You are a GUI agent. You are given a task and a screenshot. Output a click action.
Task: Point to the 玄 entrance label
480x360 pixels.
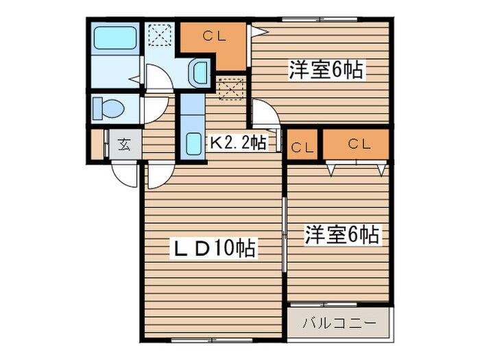tap(125, 145)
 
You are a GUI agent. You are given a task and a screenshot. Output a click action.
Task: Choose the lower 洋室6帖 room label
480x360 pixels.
tap(341, 235)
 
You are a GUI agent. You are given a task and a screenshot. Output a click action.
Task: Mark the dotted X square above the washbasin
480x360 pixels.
tap(160, 35)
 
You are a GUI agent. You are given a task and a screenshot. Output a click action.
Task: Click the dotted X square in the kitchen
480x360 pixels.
tap(229, 86)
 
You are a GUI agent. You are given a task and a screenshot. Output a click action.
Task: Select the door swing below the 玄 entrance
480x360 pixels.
tap(126, 175)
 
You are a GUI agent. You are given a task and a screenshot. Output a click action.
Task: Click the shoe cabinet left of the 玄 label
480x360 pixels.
tap(98, 145)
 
